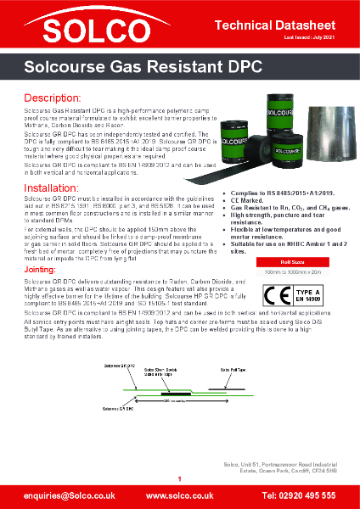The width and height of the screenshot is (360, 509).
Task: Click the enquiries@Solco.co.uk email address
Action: pos(61,494)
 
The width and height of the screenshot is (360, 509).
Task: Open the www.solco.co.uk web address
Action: pos(180,494)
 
